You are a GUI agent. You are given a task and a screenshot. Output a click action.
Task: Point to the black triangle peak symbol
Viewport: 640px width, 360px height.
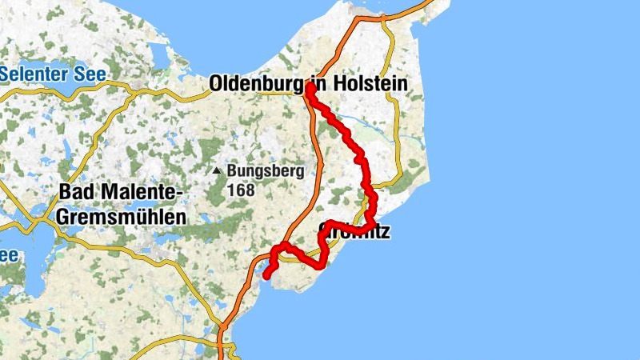pyautogui.click(x=217, y=170)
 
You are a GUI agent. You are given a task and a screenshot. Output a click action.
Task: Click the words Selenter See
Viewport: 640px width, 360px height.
pyautogui.click(x=54, y=74)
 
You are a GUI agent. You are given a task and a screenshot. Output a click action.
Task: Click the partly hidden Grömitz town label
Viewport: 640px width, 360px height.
pyautogui.click(x=356, y=233)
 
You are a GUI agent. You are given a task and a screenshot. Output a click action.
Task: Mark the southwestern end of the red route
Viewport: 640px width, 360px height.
pyautogui.click(x=266, y=276)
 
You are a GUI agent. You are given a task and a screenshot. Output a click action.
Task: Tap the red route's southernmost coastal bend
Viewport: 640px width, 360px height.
pyautogui.click(x=322, y=265)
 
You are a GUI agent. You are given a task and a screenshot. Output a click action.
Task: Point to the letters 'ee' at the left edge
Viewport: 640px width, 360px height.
pyautogui.click(x=8, y=255)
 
